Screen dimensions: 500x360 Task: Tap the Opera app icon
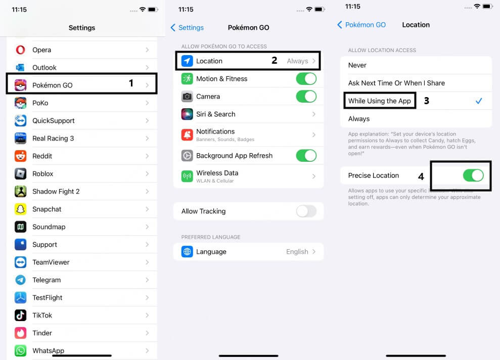click(x=20, y=50)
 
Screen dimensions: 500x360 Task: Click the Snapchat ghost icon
click(x=20, y=209)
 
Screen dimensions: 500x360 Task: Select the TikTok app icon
click(x=20, y=316)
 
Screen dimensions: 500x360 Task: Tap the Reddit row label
click(x=42, y=156)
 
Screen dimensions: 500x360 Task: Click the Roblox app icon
click(x=20, y=174)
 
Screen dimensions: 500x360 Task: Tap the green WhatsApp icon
click(x=20, y=351)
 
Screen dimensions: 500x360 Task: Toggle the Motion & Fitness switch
click(x=306, y=79)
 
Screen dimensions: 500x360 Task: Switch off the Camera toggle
click(x=306, y=96)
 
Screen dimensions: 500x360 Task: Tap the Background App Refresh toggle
click(x=306, y=156)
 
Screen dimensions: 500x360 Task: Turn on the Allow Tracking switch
click(x=306, y=211)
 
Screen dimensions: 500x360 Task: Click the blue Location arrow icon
click(x=187, y=61)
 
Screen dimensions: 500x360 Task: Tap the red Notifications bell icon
click(x=187, y=135)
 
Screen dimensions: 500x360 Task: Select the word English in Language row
click(x=297, y=252)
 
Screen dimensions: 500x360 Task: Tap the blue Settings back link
click(x=187, y=28)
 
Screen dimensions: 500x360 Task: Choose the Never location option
click(x=357, y=65)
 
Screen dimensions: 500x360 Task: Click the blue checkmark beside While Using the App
click(x=479, y=101)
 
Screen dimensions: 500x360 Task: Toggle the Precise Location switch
click(x=473, y=175)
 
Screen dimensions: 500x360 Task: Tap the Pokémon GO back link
click(x=361, y=25)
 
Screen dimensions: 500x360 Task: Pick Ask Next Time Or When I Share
click(x=396, y=83)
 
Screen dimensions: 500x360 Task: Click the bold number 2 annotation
click(x=274, y=60)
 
